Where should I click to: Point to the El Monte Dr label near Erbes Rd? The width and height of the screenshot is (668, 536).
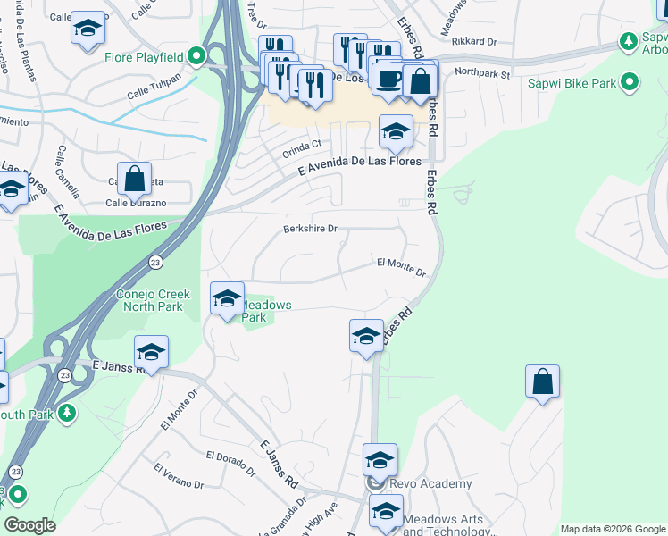(401, 264)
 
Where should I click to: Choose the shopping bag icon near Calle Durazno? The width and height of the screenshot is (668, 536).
(134, 179)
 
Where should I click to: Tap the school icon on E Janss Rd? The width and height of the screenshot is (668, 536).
(151, 353)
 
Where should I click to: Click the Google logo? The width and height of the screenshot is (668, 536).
(29, 524)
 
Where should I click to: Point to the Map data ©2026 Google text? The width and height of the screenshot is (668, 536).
(612, 529)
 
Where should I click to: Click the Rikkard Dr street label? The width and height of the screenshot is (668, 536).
(473, 41)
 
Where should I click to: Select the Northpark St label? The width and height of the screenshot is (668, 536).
(481, 73)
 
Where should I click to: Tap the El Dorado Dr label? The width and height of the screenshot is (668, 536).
(230, 456)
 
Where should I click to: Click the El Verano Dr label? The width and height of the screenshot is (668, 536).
(178, 476)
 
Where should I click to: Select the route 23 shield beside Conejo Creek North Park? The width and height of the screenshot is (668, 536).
(155, 262)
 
